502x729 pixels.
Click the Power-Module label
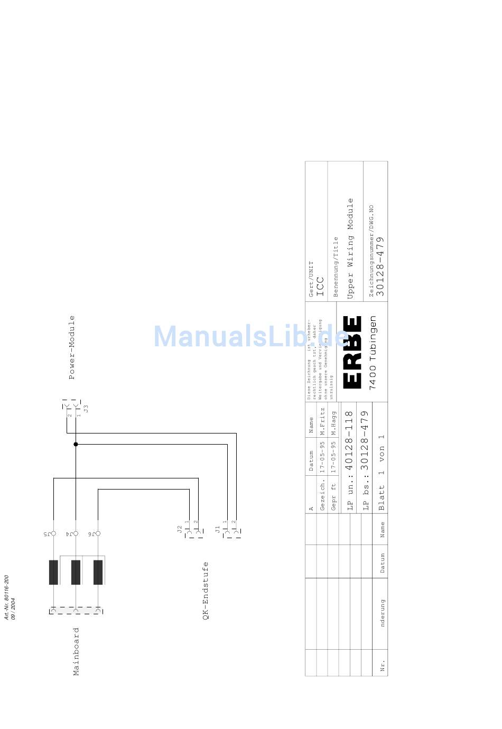tap(72, 347)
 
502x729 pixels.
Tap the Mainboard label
tap(76, 651)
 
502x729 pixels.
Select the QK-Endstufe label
tap(206, 590)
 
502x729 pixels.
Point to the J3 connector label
tap(86, 408)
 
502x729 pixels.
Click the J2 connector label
tap(180, 528)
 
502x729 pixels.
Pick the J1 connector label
tap(217, 528)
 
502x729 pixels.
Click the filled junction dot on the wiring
tap(76, 444)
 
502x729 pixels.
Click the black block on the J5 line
tap(53, 572)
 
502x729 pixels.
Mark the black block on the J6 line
tap(98, 572)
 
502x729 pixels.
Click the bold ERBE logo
tap(352, 352)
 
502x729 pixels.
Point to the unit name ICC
tap(319, 285)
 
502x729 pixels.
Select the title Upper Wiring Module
tap(350, 248)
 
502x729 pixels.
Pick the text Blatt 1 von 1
tap(382, 472)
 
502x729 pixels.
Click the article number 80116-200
tap(7, 597)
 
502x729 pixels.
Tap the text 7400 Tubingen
tap(373, 353)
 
